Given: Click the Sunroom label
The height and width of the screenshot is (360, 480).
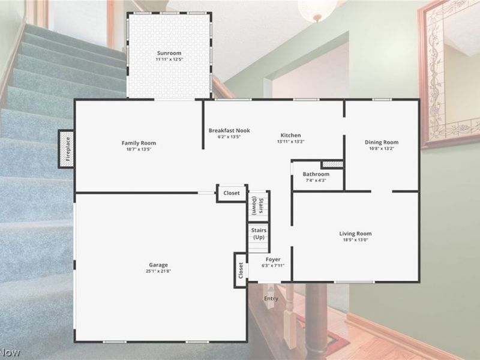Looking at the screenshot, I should click(169, 53).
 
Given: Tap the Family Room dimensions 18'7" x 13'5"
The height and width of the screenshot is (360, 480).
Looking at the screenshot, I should click(139, 149).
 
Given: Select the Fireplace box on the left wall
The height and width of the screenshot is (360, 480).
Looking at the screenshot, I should click(67, 149).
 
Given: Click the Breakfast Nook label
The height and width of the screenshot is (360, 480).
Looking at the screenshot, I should click(229, 130).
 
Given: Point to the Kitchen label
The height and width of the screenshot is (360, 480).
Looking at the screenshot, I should click(291, 135).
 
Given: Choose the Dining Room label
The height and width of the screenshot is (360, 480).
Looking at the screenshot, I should click(382, 142).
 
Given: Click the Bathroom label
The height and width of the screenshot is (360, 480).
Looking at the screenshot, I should click(316, 174).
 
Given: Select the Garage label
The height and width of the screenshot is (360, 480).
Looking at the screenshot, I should click(159, 265).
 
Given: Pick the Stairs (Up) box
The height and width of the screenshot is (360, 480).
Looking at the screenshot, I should click(259, 234).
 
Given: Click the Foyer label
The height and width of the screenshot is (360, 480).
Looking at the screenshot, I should click(272, 259).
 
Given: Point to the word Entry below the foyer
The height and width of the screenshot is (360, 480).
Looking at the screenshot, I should click(271, 298).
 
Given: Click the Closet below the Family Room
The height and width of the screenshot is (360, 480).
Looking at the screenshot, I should click(232, 193).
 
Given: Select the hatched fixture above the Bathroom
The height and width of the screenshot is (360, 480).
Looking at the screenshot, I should click(332, 164).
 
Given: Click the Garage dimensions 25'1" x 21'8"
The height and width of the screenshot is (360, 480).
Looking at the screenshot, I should click(159, 271).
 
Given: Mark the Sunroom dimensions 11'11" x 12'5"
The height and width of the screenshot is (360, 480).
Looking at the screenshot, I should click(169, 59).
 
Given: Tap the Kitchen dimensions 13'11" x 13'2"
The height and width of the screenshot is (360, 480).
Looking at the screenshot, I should click(291, 142).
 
